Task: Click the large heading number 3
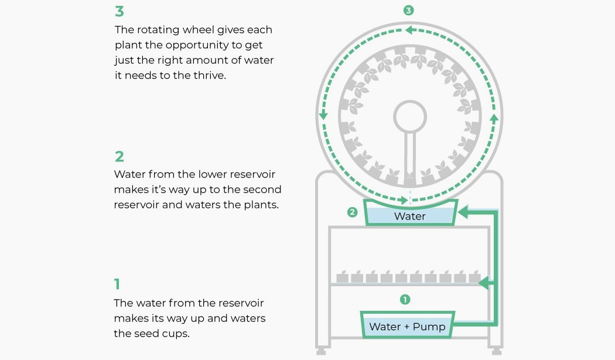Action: coord(119,12)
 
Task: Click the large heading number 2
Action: coord(119,156)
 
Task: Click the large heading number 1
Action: coord(117,284)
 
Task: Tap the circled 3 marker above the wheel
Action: coord(409,11)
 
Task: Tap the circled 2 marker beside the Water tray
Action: coord(352,212)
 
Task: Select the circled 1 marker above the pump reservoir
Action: coord(404,300)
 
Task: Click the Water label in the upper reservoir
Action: coord(409,216)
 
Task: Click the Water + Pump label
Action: coord(407,327)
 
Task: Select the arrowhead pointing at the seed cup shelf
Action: coord(484,284)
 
